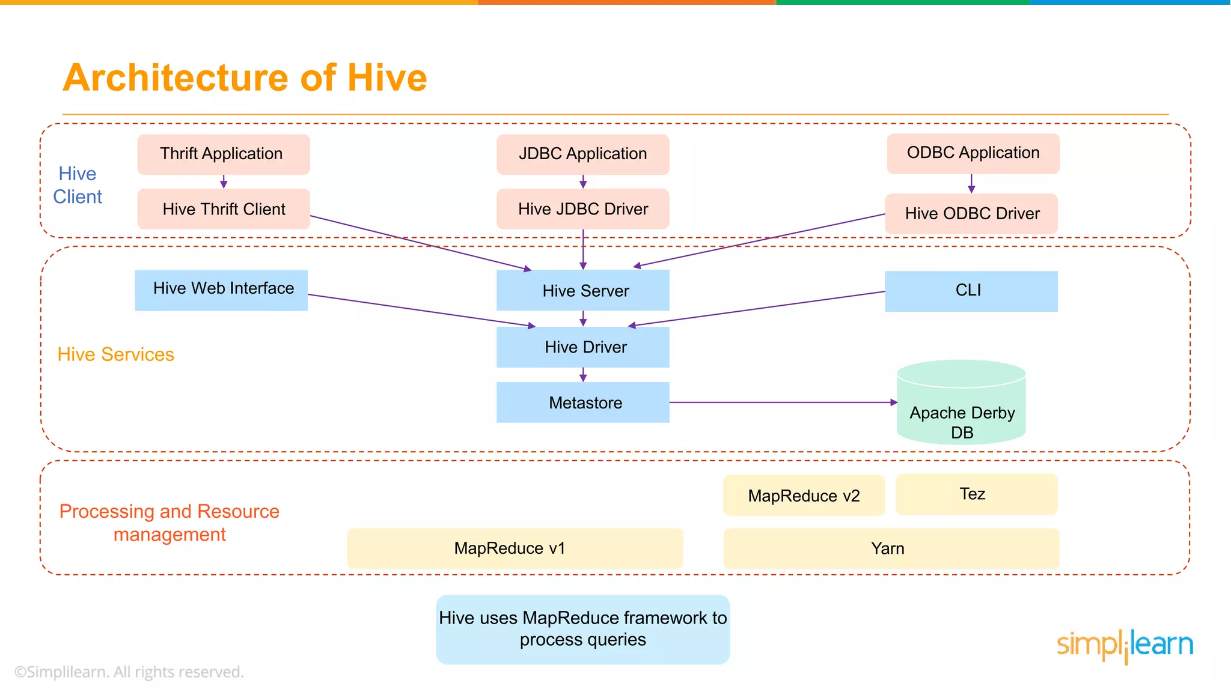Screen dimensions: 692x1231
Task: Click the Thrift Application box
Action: [223, 154]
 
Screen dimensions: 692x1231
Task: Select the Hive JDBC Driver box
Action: [582, 209]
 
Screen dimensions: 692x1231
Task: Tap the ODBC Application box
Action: [973, 154]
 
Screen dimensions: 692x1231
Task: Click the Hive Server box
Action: [582, 291]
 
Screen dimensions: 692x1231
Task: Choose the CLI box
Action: [971, 291]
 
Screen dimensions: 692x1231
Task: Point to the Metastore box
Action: [582, 402]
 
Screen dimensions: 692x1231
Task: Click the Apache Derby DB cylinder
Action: [961, 408]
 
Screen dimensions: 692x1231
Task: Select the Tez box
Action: [976, 494]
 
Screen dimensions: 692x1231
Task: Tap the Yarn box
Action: [891, 548]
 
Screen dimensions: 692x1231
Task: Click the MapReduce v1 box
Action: [515, 548]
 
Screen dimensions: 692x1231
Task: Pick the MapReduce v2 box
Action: [804, 496]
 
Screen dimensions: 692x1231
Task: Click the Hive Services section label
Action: [115, 354]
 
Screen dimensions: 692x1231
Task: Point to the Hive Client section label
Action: [78, 185]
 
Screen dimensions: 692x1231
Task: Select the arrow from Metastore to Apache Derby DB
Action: [781, 402]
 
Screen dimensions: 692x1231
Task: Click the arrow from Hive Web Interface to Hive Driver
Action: [421, 310]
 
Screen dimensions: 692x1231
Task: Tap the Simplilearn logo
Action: [1125, 646]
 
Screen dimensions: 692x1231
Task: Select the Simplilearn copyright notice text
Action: [129, 672]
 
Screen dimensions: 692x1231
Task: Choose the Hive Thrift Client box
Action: [223, 209]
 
